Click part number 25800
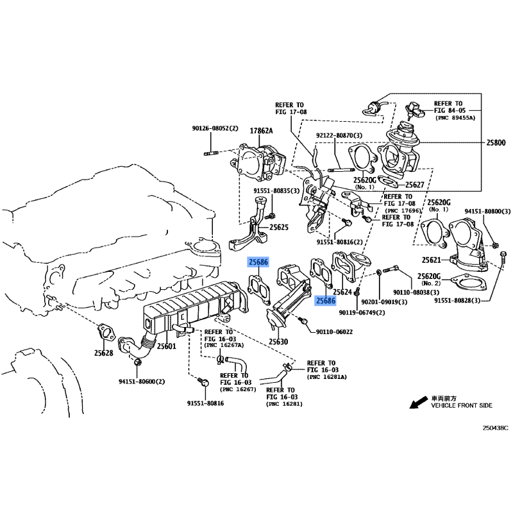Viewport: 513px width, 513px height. (x=496, y=142)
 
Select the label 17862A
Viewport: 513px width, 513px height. (x=261, y=131)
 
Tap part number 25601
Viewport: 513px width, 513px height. (x=167, y=346)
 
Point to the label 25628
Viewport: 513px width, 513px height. (x=104, y=353)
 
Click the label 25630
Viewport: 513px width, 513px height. (x=278, y=342)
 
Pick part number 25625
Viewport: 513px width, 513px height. (x=279, y=227)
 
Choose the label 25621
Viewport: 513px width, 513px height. (x=432, y=260)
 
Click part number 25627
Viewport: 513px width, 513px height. (x=414, y=185)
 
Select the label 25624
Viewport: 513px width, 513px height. (x=342, y=292)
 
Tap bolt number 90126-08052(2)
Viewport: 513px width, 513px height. (x=215, y=128)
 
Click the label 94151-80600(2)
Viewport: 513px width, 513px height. (x=142, y=382)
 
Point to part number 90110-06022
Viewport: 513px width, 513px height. (x=334, y=332)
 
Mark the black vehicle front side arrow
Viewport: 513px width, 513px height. (x=419, y=403)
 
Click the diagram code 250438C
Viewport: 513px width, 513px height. (x=496, y=428)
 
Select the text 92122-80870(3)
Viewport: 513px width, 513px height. (x=339, y=135)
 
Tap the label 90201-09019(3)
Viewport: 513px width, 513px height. (x=384, y=301)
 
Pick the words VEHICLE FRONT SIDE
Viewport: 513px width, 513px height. (x=462, y=406)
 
